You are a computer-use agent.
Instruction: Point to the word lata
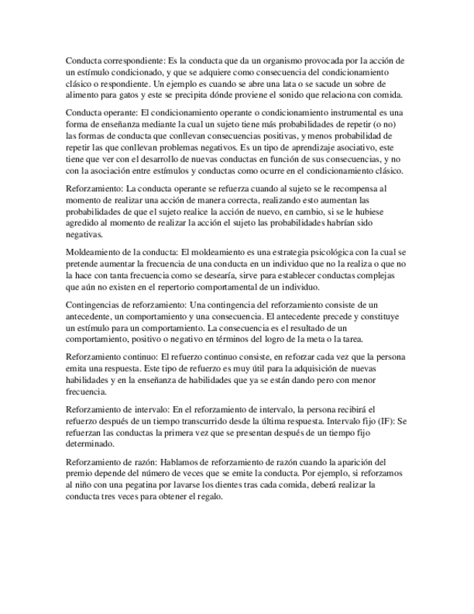tap(292, 84)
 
